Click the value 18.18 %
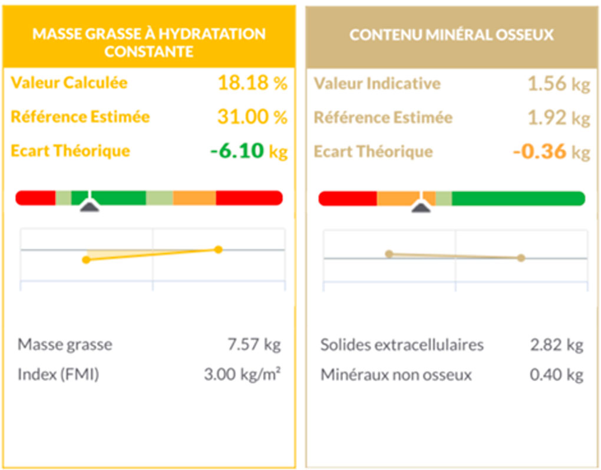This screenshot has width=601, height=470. [x=252, y=83]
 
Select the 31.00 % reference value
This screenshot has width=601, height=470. [x=252, y=117]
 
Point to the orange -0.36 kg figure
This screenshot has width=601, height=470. [x=551, y=152]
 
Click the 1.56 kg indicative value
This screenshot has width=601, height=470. [x=558, y=84]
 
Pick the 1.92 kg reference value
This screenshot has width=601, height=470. [x=558, y=118]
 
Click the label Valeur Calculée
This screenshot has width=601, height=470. [x=69, y=83]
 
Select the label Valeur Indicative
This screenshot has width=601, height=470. [x=377, y=84]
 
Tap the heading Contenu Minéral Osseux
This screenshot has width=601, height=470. [x=452, y=35]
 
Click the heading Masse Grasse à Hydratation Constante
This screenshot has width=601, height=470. [x=148, y=42]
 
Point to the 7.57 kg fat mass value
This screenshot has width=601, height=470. [x=254, y=345]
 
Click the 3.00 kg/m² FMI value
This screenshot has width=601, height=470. [x=242, y=375]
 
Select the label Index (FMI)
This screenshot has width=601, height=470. [x=58, y=375]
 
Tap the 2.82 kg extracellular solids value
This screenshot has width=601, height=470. [x=556, y=345]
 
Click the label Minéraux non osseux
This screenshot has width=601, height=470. [x=396, y=375]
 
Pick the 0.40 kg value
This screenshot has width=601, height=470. [x=556, y=375]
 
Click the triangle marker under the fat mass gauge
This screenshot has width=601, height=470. [x=89, y=206]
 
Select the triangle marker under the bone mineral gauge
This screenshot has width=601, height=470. [x=421, y=206]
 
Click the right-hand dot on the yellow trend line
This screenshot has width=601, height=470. [x=218, y=250]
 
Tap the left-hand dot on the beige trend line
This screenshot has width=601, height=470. [x=389, y=254]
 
